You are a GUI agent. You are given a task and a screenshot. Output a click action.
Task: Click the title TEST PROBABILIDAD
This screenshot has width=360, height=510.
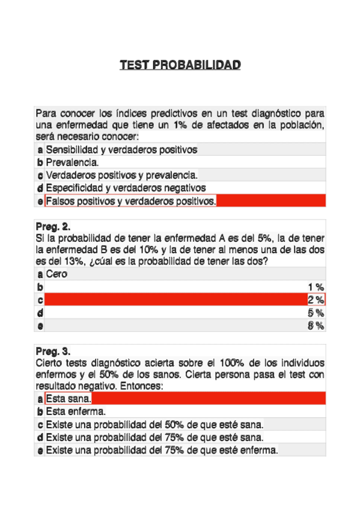click(180, 64)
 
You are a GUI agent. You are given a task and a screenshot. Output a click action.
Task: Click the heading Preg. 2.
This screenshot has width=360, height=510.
click(53, 227)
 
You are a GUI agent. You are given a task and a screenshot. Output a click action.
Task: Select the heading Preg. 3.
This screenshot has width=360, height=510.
click(53, 351)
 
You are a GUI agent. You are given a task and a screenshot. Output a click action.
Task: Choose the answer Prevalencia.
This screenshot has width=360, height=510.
click(73, 162)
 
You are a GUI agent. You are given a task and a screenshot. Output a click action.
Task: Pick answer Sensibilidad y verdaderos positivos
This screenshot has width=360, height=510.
click(121, 150)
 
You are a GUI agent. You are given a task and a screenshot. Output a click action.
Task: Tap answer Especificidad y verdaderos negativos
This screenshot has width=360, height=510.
click(126, 188)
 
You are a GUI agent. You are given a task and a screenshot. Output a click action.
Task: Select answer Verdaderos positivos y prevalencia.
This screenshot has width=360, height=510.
click(121, 175)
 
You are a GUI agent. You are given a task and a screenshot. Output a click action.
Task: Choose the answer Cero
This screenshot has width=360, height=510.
click(56, 274)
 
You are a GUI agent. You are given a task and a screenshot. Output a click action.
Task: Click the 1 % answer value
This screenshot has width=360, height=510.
click(316, 287)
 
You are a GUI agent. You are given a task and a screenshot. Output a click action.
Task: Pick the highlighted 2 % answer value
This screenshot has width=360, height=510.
click(316, 300)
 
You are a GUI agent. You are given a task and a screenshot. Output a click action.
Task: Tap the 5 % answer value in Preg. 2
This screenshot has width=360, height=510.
click(316, 313)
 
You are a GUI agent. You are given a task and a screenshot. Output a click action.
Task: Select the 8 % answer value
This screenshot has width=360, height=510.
click(316, 326)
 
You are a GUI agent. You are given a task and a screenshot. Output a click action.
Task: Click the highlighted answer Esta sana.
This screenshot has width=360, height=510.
click(68, 399)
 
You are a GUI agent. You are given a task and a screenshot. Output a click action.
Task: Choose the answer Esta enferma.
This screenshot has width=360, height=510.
click(76, 412)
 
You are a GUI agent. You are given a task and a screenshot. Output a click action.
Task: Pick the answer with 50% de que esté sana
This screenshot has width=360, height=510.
click(154, 425)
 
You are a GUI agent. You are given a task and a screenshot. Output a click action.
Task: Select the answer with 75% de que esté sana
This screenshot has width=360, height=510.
click(154, 438)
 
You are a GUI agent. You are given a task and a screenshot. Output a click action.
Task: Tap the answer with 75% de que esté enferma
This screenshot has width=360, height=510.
click(162, 450)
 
